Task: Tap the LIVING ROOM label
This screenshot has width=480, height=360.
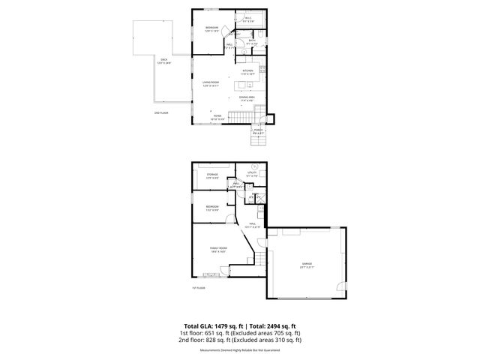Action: (210, 82)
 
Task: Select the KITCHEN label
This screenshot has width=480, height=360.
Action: (247, 71)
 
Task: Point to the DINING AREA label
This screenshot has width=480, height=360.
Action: (247, 97)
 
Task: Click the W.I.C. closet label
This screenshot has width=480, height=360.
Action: (248, 19)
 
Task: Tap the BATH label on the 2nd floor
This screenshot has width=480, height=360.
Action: (252, 40)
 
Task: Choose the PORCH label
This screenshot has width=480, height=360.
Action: (258, 131)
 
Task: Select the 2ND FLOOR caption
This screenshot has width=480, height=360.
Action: (161, 113)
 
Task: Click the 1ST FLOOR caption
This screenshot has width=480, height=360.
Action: (198, 287)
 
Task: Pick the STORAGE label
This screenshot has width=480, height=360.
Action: (212, 174)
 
